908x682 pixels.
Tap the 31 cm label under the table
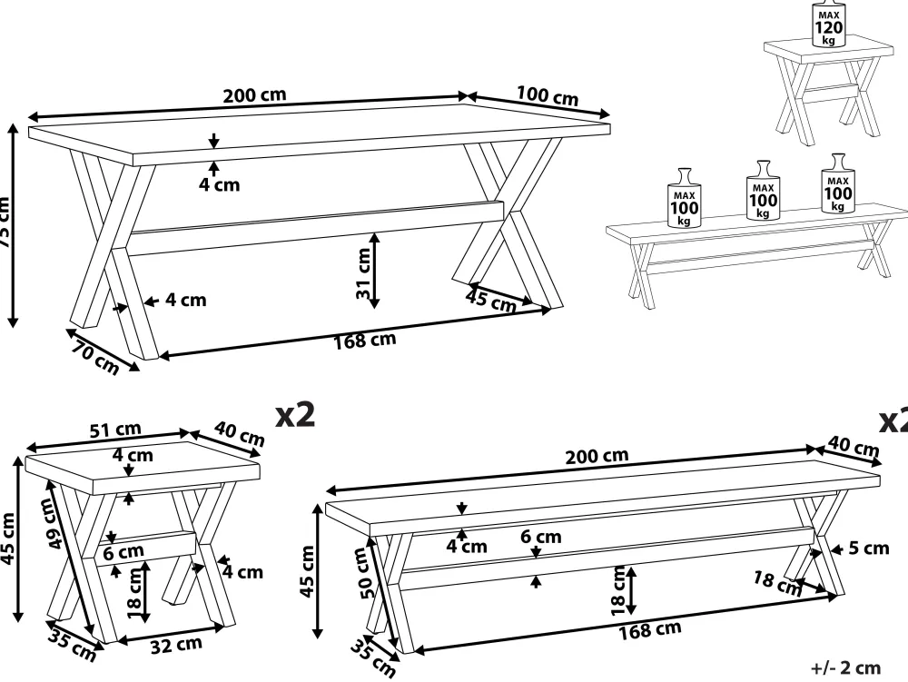[363, 274]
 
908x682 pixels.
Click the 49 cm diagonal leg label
[56, 528]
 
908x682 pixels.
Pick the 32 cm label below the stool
[176, 646]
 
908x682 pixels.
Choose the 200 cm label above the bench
[597, 456]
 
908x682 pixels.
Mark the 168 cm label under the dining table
[365, 341]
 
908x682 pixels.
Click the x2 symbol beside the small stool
[295, 416]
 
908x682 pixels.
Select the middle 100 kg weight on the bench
[763, 193]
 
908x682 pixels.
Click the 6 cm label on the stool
[123, 551]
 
